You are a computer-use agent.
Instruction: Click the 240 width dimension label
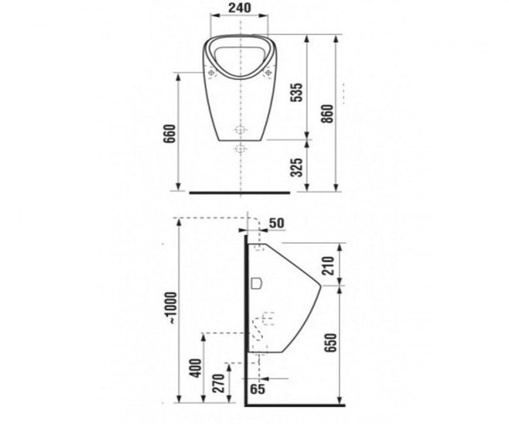(239, 7)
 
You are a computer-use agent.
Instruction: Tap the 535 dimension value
(296, 93)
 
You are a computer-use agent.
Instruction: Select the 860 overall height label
(327, 114)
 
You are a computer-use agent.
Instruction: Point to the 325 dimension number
(296, 168)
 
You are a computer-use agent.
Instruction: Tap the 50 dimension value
(277, 223)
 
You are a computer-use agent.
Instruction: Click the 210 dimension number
(328, 265)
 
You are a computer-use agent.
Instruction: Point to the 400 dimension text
(195, 368)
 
